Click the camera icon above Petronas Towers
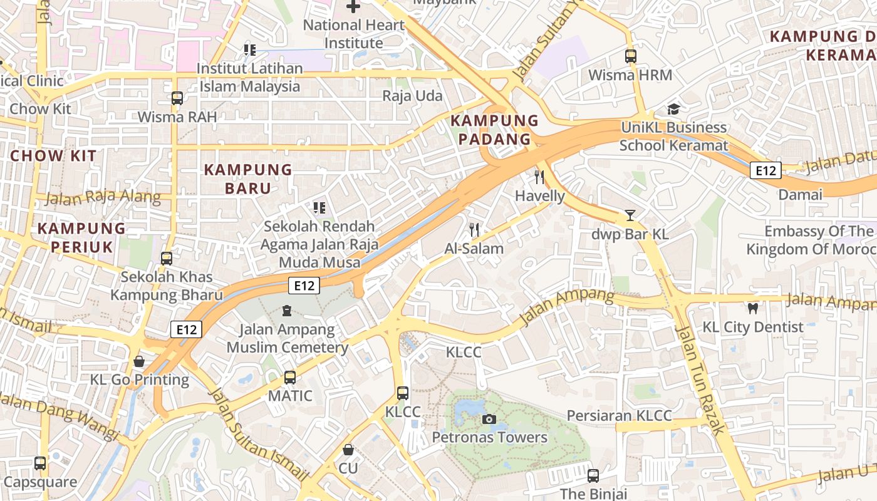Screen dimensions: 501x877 pos(489,419)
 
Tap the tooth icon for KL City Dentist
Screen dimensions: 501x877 pos(753,308)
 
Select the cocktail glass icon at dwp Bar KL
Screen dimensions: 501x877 pos(630,216)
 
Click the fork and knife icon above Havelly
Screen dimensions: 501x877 pos(539,177)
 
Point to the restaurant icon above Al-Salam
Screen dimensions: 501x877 pos(474,230)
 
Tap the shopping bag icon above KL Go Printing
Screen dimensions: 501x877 pos(139,361)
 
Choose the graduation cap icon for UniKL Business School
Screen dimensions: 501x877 pos(673,110)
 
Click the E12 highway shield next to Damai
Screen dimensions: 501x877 pos(765,170)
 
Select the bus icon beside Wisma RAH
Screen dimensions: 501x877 pos(177,98)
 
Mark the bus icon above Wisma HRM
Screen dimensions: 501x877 pos(630,56)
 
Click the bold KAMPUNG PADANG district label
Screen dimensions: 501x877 pos(495,130)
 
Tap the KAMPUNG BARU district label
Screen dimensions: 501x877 pos(248,178)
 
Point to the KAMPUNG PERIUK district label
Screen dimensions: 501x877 pos(81,237)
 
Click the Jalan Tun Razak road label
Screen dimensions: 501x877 pos(700,380)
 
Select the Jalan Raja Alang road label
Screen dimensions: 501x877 pos(103,197)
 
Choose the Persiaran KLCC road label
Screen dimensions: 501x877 pos(619,415)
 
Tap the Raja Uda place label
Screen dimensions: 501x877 pos(412,96)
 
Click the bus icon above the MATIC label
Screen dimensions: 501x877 pos(289,378)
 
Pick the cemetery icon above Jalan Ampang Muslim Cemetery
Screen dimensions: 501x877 pos(286,310)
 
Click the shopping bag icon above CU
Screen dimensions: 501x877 pos(348,450)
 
